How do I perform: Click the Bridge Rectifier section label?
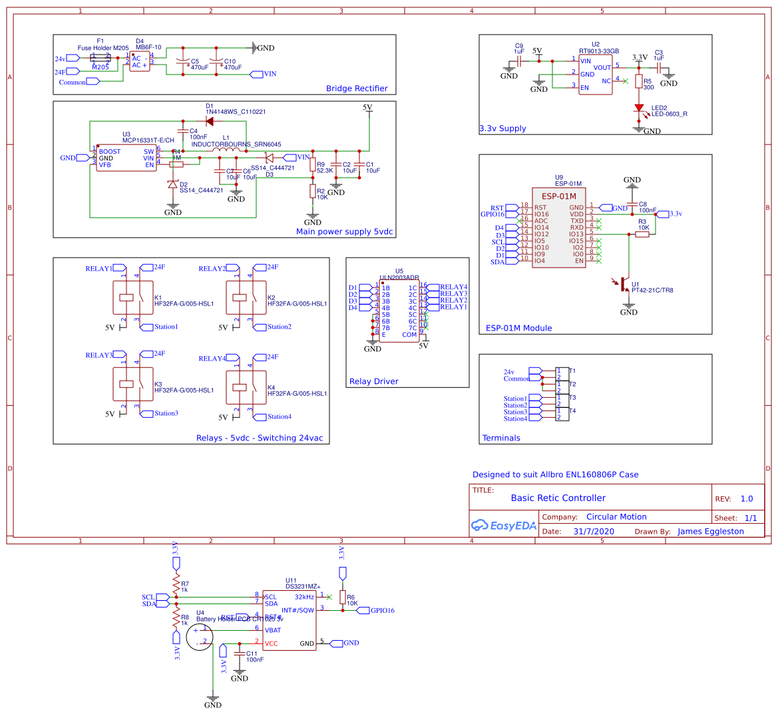(x=357, y=89)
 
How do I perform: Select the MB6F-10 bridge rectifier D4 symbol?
(x=139, y=62)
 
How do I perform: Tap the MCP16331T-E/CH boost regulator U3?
(x=126, y=158)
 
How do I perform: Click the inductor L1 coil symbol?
(x=226, y=150)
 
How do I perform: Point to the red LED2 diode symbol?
(x=639, y=108)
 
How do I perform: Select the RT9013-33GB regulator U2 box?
(x=595, y=75)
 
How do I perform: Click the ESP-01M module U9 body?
(x=559, y=228)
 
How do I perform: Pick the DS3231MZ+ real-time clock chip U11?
(x=289, y=620)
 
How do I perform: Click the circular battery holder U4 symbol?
(x=199, y=637)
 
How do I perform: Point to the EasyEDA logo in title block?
(x=504, y=526)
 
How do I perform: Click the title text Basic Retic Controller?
(x=558, y=498)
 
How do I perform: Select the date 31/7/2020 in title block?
(x=594, y=532)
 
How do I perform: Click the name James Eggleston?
(x=710, y=532)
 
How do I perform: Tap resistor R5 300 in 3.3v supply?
(x=639, y=82)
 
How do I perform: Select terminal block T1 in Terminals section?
(x=562, y=374)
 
